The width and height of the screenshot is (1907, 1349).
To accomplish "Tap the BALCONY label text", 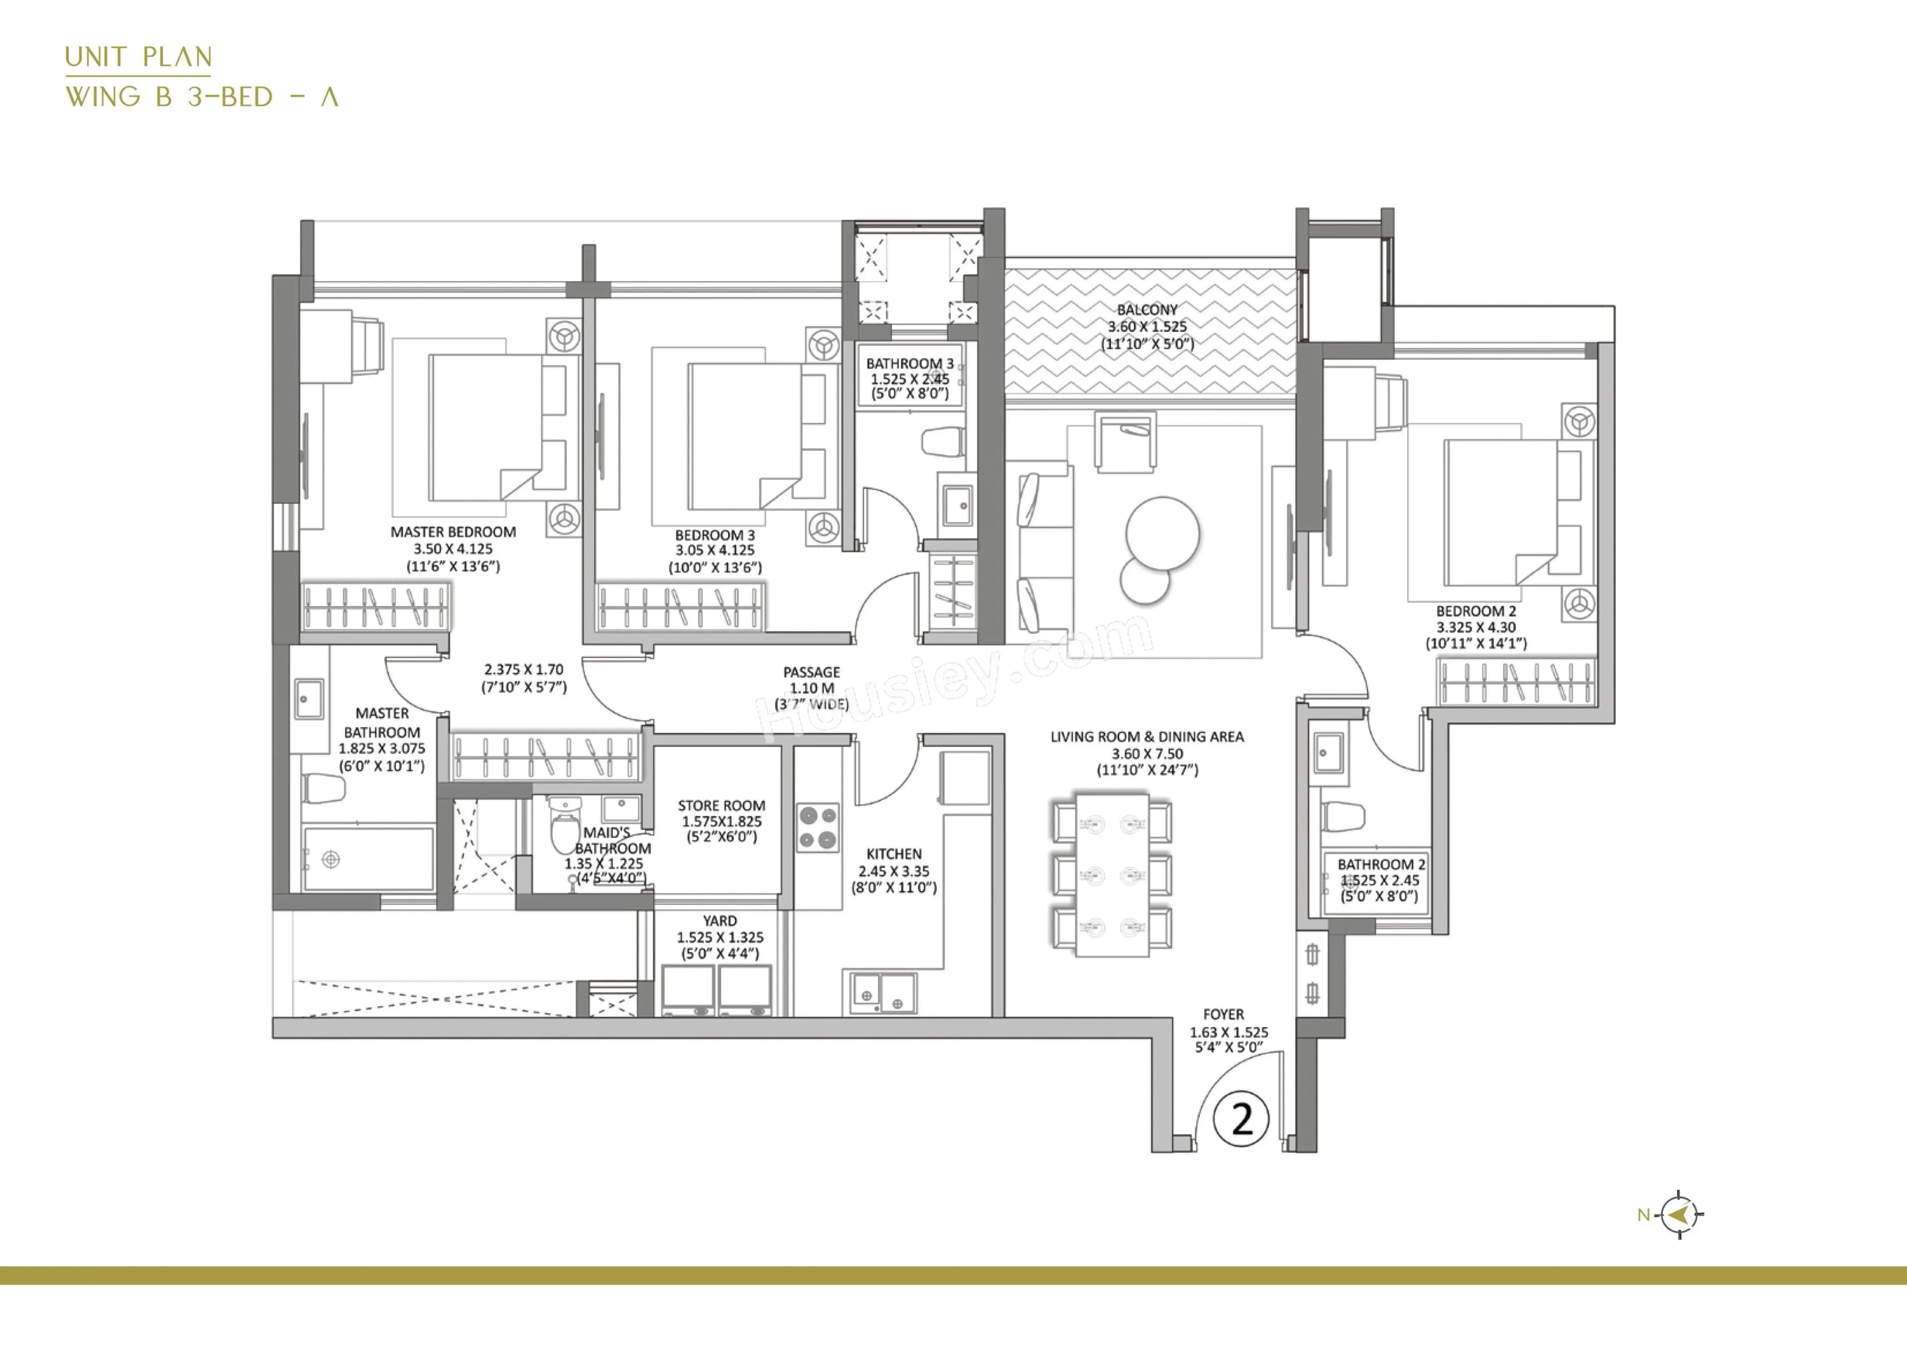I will [x=1147, y=310].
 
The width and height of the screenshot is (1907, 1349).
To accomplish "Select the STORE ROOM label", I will [x=721, y=806].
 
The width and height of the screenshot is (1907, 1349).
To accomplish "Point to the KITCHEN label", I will [x=894, y=854].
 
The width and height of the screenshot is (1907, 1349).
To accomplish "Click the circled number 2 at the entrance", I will [x=1241, y=1119].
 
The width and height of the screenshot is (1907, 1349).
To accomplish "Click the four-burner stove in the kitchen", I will [x=818, y=827].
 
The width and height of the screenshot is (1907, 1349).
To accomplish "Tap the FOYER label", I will [x=1224, y=1014].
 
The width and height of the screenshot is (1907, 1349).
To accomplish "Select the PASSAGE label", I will [x=811, y=672].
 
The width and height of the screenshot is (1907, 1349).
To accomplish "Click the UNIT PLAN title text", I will [x=139, y=57].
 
